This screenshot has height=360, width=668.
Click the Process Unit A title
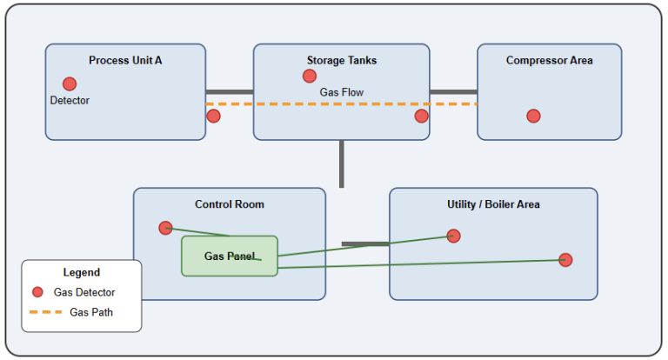[125, 60]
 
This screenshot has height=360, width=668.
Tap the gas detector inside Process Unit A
[70, 84]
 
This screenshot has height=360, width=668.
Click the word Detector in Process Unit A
[70, 101]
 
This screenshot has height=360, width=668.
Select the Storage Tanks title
[341, 60]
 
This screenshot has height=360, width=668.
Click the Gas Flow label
[341, 92]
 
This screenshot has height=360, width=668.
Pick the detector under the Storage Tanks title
[310, 77]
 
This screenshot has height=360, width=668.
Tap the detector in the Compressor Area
[533, 116]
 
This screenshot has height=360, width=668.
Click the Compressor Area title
[549, 60]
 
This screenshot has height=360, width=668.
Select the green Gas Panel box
[230, 256]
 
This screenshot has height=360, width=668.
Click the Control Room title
[229, 204]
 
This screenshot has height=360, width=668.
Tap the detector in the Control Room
[165, 228]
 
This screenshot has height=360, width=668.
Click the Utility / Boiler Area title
[493, 204]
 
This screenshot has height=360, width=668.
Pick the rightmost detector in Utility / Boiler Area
[565, 259]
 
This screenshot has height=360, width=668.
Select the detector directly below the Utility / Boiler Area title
[453, 236]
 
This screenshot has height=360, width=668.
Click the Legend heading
[81, 272]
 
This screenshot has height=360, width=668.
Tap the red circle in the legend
[37, 292]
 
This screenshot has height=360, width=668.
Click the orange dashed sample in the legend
[40, 312]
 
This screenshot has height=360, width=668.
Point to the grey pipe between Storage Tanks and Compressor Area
[453, 91]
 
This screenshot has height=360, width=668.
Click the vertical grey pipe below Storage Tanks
[341, 163]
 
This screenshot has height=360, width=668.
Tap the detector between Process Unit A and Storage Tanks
[213, 116]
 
